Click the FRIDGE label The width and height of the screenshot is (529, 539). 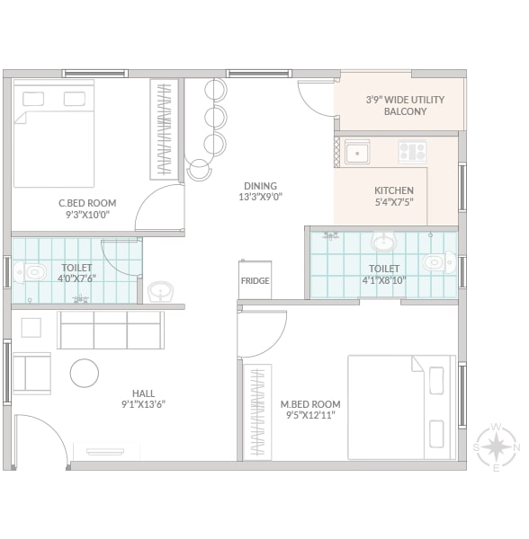(255, 281)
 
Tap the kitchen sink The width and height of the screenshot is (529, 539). (357, 153)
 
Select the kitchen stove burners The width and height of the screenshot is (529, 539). (412, 152)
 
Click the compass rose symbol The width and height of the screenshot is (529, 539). (496, 447)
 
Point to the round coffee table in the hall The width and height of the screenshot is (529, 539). (85, 373)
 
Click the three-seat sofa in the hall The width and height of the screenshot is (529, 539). (110, 330)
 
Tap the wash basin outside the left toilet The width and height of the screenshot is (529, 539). (160, 292)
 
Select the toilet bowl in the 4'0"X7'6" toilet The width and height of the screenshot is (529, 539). (30, 272)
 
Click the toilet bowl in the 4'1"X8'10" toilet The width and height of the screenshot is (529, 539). (440, 262)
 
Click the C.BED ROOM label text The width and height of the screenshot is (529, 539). (87, 203)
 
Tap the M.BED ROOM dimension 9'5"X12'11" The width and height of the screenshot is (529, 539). (310, 415)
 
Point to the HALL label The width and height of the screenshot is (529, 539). (144, 393)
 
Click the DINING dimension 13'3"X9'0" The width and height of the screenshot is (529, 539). (261, 197)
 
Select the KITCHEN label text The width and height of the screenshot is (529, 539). (394, 190)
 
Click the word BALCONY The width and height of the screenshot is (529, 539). (405, 111)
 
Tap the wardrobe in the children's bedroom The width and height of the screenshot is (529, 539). (164, 129)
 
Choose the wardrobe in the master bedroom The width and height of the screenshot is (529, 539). (257, 412)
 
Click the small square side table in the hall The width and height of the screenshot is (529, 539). (31, 328)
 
